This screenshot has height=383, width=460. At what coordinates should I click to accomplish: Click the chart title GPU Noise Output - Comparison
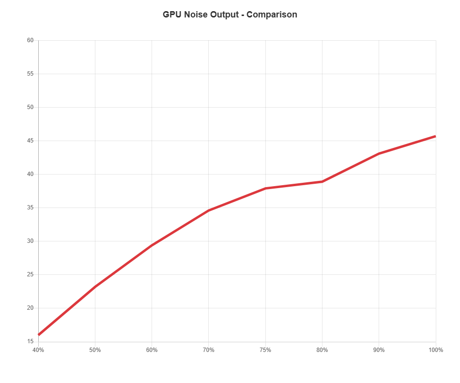coord(230,15)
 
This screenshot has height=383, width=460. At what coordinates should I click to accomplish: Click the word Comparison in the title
coord(272,15)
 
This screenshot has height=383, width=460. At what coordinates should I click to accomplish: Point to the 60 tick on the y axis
coord(30,40)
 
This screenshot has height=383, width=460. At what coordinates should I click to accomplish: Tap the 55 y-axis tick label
coord(30,74)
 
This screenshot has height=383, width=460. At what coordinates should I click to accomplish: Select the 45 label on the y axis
coord(30,141)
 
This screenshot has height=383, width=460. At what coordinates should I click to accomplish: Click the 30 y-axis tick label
coord(30,241)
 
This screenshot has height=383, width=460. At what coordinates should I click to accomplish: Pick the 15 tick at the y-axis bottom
coord(30,342)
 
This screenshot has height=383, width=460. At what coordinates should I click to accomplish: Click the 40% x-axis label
coord(38,350)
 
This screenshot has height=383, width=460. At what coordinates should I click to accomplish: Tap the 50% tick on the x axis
coord(95,350)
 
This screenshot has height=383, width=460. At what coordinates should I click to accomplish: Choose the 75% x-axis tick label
coord(265,350)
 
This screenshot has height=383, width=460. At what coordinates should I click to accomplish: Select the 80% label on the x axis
coord(322,350)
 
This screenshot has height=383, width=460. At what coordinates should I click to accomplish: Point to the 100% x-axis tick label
coord(436,350)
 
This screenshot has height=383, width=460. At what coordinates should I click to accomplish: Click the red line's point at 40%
coord(39,335)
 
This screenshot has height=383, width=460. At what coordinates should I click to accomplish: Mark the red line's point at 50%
coord(95,287)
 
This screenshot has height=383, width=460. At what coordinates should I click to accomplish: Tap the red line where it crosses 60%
coord(152,245)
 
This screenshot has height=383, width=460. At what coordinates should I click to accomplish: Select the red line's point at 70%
coord(209,210)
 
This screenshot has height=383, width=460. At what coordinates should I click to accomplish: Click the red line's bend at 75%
coord(265,188)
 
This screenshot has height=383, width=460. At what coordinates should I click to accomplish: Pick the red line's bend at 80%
coord(322,181)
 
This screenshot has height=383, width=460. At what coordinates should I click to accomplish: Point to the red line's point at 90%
coord(379,153)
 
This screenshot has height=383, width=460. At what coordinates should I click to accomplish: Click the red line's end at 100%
coord(436,136)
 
